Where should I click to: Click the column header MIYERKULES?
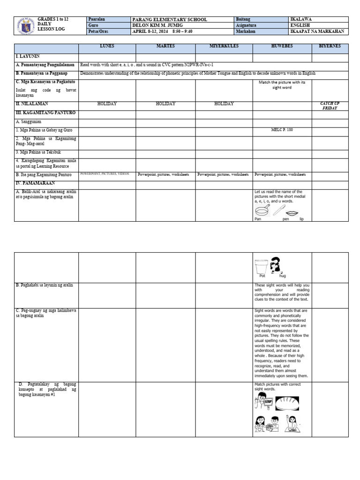pos(224,46)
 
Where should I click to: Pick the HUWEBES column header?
pos(282,46)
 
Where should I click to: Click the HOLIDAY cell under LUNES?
pos(107,104)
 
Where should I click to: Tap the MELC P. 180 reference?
pos(282,130)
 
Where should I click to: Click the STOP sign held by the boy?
pos(268,402)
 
